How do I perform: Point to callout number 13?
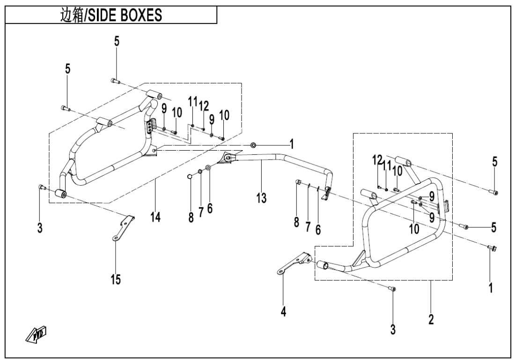point(261,198)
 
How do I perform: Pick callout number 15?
point(115,280)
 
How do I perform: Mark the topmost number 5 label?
point(117,41)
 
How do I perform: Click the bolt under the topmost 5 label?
point(115,81)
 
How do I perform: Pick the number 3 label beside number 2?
point(393,329)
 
